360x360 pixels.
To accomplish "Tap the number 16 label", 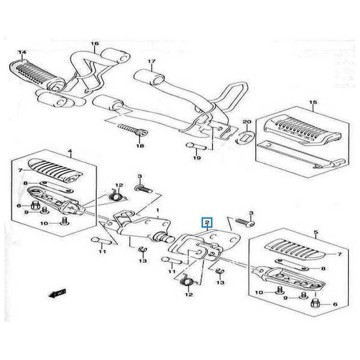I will point(94,44).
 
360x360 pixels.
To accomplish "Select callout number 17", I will point(151,61).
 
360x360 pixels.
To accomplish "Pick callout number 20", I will point(246,122).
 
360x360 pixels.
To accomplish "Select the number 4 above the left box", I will point(70,152).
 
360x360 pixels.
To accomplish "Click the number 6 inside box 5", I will point(334,304).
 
